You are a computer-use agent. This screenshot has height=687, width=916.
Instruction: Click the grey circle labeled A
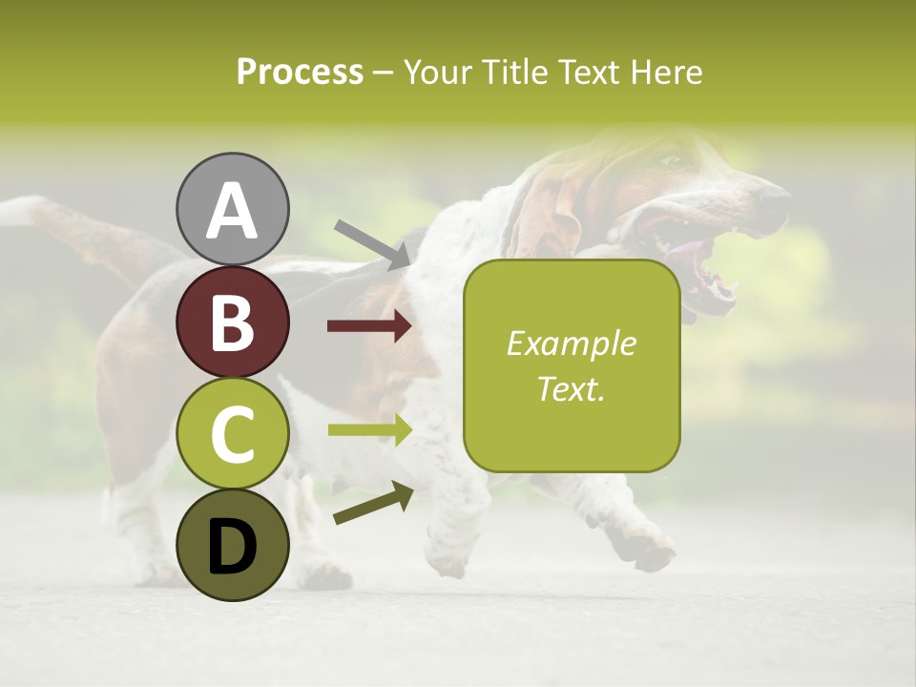[x=232, y=209]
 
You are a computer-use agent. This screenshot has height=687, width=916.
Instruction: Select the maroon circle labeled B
[x=232, y=322]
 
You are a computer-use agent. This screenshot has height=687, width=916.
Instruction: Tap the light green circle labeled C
[x=232, y=433]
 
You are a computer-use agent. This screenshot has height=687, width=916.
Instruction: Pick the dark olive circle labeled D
[x=232, y=545]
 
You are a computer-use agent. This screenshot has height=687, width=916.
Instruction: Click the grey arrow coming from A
[x=372, y=242]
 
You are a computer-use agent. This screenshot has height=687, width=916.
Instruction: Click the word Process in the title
[x=300, y=72]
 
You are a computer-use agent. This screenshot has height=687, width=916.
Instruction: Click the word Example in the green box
[x=571, y=343]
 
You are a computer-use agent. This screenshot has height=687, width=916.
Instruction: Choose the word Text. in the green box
[x=571, y=388]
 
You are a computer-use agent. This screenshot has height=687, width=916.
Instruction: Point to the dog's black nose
[x=774, y=197]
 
